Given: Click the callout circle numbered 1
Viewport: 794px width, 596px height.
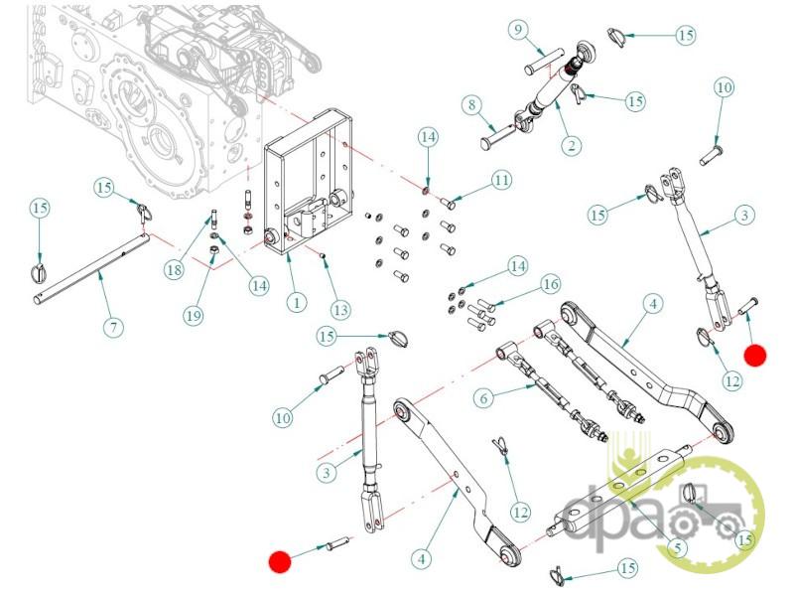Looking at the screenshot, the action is [296, 303].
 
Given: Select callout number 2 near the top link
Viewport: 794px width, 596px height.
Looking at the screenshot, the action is [572, 145].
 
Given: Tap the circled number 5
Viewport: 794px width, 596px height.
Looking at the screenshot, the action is [678, 547].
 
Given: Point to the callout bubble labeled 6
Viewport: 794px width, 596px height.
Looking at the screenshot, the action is [483, 397].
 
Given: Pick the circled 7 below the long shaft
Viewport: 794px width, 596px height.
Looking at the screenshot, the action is [113, 327].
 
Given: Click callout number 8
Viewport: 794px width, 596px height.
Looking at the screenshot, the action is [472, 105].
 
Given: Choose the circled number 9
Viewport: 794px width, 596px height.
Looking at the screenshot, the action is [518, 30].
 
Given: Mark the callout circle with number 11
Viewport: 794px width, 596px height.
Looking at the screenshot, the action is [501, 180].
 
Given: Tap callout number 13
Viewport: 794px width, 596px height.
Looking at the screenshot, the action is [340, 309].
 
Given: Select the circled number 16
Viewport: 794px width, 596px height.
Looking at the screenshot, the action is [551, 284].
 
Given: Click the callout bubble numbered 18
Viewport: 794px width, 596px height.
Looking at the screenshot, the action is [174, 269].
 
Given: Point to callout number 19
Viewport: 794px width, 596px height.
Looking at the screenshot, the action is [193, 316].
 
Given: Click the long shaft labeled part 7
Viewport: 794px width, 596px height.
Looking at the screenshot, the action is [91, 268].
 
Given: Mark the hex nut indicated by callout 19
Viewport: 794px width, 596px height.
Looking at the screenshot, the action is [213, 250].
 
